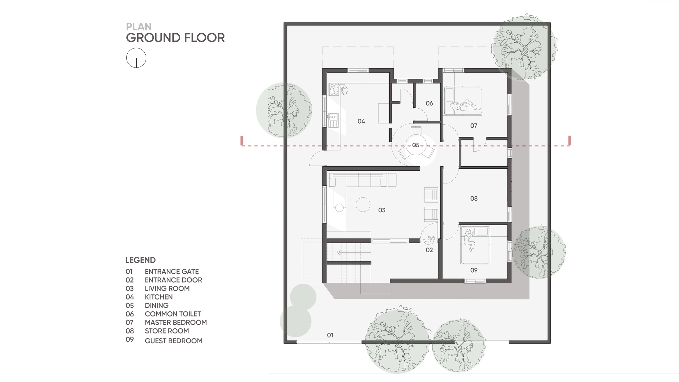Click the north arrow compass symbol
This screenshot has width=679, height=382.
(x=136, y=58)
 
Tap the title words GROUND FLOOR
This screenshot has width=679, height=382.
(x=175, y=38)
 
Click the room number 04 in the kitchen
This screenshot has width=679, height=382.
(x=361, y=121)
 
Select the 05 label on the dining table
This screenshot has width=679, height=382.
(x=416, y=145)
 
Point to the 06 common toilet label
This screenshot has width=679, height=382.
(x=429, y=103)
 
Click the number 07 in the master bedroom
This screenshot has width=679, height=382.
(x=474, y=126)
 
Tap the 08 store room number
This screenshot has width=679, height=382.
(x=474, y=198)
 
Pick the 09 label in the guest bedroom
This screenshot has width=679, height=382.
(x=474, y=270)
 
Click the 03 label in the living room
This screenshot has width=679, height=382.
(x=382, y=210)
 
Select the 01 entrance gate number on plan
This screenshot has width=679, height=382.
(x=330, y=335)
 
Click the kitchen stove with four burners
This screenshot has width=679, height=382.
(x=334, y=89)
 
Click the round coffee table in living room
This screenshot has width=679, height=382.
(x=363, y=205)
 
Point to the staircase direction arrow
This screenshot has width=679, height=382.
(x=353, y=252)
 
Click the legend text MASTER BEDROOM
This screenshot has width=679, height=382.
(x=176, y=323)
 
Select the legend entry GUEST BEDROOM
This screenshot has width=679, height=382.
(x=173, y=341)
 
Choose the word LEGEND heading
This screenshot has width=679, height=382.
(x=141, y=260)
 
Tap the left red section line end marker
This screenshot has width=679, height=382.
(x=242, y=141)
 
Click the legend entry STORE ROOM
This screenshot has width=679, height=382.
(x=167, y=331)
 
